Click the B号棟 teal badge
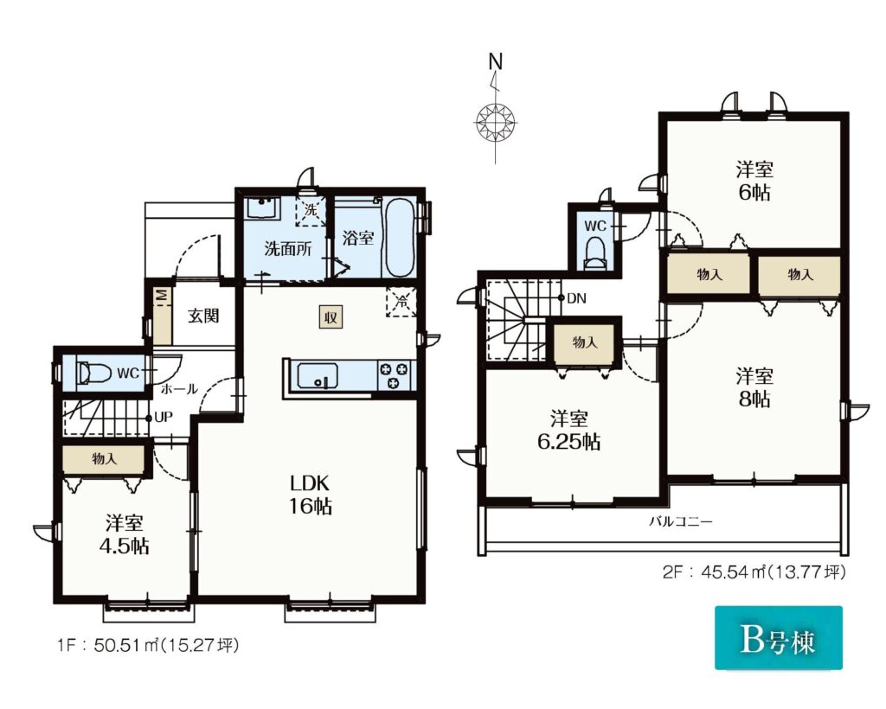click(779, 638)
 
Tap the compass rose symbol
click(496, 121)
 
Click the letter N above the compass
click(496, 61)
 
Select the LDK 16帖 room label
click(310, 495)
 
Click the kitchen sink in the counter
click(318, 375)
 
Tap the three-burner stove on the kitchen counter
click(394, 375)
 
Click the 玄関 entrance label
click(202, 316)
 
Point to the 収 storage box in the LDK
click(331, 317)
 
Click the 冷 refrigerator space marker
click(401, 302)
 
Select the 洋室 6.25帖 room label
click(569, 430)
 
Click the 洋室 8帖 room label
click(754, 387)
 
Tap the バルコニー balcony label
click(680, 521)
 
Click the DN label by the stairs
click(575, 298)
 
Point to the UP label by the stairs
click(164, 418)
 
